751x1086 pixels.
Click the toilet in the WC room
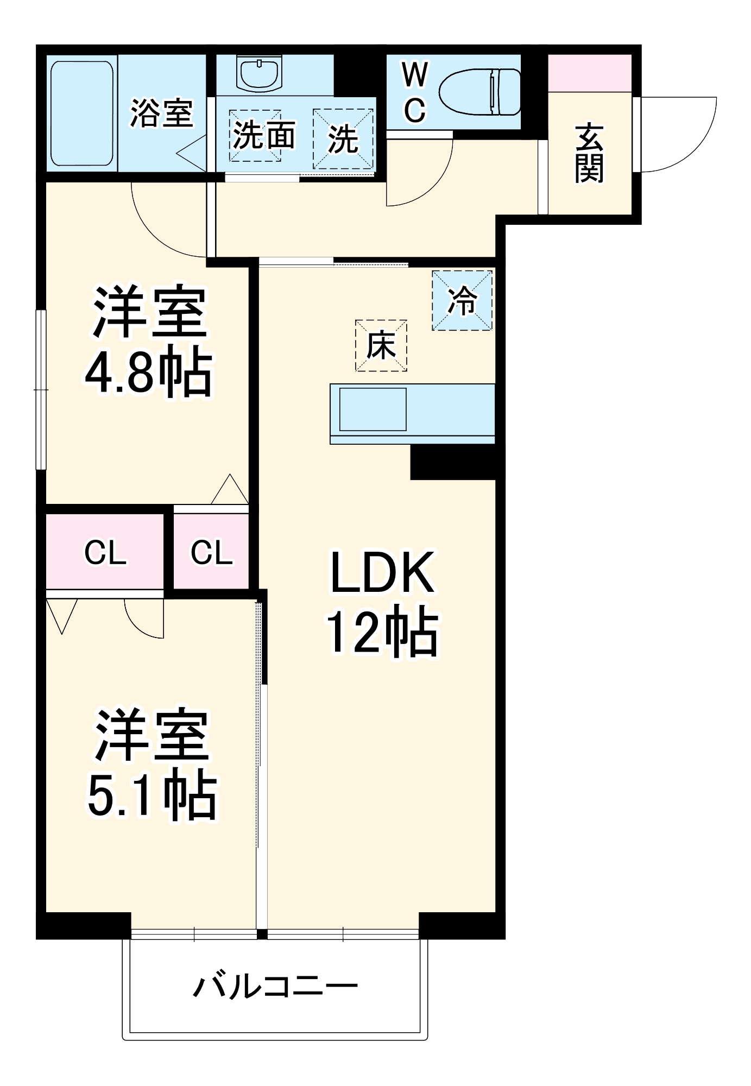(479, 92)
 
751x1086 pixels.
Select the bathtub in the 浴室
(83, 113)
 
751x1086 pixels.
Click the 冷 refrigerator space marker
(462, 300)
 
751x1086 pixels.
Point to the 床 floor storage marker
(381, 345)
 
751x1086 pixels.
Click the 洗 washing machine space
(343, 139)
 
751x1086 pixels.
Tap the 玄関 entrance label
(589, 153)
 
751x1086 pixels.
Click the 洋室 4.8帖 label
(148, 342)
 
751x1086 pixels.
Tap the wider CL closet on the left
(105, 552)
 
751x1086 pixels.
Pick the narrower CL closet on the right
(211, 552)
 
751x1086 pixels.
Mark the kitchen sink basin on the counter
(373, 409)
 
